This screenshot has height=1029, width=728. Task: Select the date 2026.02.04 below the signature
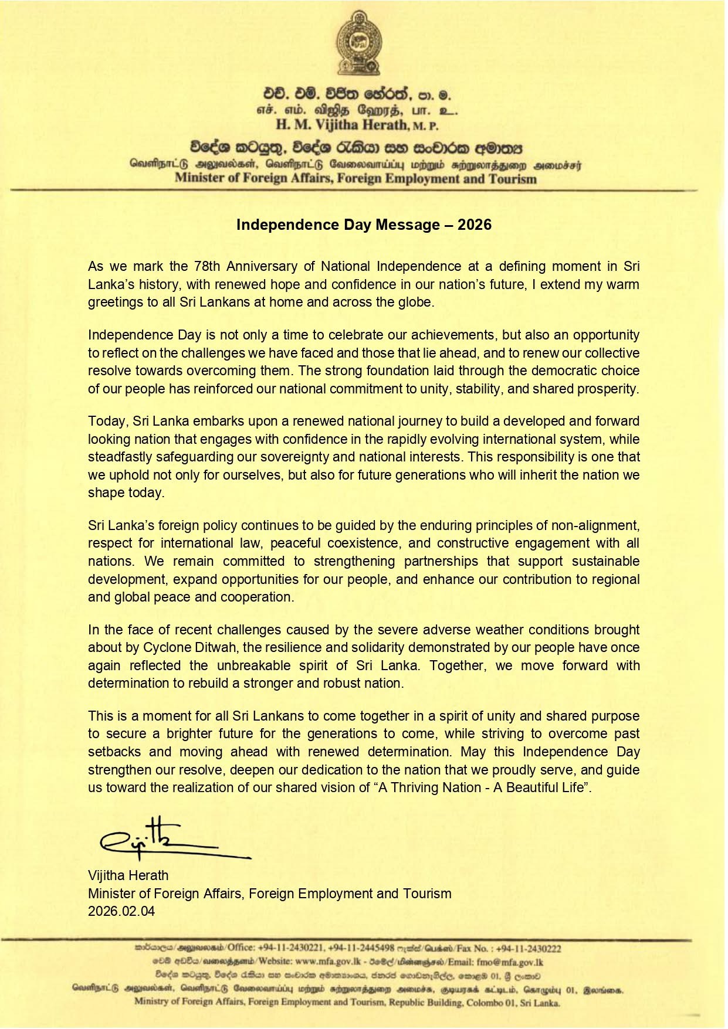(121, 911)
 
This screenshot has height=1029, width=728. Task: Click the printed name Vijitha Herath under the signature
(128, 875)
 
